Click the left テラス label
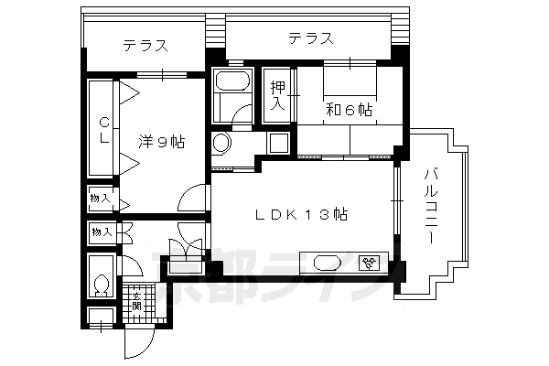[x=145, y=46]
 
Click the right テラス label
[x=308, y=38]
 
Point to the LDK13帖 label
[x=300, y=215]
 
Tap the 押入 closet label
[x=278, y=95]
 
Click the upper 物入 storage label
[x=100, y=199]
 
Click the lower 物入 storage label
[x=100, y=232]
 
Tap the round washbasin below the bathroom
[x=221, y=144]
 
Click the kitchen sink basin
[x=327, y=264]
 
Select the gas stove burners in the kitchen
[x=371, y=264]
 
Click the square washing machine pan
[x=278, y=143]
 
